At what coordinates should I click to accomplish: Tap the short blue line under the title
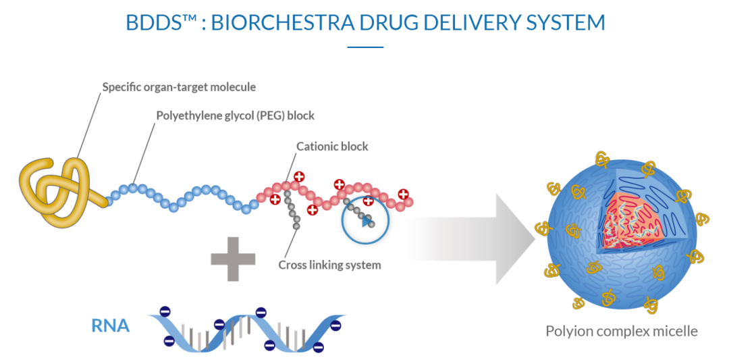(365, 47)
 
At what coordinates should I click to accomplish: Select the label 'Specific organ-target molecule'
(179, 87)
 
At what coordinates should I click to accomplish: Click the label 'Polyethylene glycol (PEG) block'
(235, 115)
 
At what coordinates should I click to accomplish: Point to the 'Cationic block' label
(332, 146)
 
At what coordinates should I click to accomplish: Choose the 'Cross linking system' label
(329, 265)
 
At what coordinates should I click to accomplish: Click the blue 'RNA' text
(110, 326)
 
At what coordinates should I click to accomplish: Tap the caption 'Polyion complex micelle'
(621, 331)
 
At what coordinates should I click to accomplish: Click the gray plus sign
(233, 257)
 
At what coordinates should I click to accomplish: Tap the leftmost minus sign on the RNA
(164, 312)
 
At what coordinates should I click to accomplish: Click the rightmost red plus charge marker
(404, 195)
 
